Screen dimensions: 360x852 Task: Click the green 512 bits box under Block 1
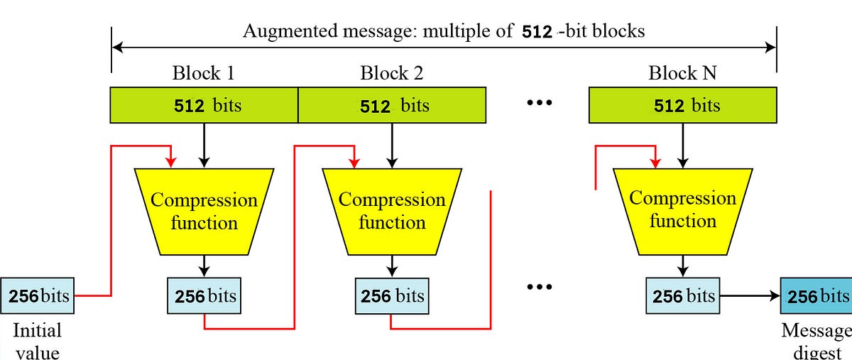point(204,105)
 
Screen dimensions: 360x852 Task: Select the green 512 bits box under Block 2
point(391,105)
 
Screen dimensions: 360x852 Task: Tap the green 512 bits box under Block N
point(682,105)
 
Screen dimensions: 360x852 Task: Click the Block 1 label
point(204,73)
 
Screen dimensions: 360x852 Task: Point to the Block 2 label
point(392,73)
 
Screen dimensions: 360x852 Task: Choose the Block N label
point(682,73)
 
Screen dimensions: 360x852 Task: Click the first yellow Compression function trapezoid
point(204,211)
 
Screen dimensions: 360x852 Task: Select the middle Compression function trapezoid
point(392,211)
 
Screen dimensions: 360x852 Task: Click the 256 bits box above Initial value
point(38,295)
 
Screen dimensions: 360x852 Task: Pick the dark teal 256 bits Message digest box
point(816,295)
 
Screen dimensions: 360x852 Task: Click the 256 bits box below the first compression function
point(204,295)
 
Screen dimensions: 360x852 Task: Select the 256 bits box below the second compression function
point(392,295)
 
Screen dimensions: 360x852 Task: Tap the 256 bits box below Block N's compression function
point(682,295)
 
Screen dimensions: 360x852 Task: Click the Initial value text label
point(38,340)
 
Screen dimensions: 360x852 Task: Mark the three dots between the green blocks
point(540,104)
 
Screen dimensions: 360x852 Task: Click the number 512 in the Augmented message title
point(537,31)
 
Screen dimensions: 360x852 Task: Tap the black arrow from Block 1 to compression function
point(204,145)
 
